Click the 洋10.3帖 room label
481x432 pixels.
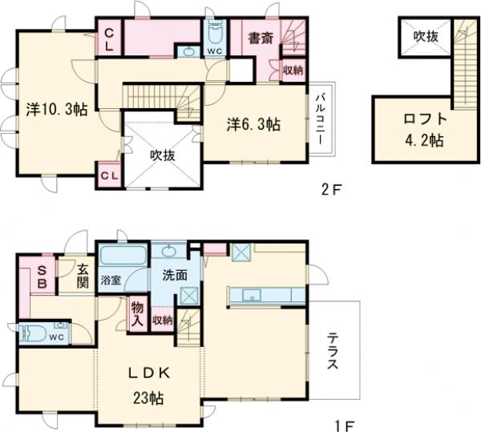point(57,110)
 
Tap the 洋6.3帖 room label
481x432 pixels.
point(253,124)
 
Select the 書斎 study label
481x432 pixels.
point(261,39)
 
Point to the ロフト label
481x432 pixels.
point(425,119)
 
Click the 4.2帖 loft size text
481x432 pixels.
point(425,140)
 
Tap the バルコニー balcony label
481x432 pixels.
point(321,119)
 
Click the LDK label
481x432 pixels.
point(148,373)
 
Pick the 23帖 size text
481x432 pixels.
point(148,398)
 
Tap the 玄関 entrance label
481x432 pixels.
point(83,276)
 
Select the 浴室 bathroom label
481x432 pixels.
point(111,281)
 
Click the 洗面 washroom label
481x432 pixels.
point(175,276)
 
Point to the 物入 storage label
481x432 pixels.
point(137,314)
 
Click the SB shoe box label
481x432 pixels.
point(42,277)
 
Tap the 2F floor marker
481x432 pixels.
point(331,190)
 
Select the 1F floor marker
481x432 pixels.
point(344,426)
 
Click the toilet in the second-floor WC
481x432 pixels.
point(215,33)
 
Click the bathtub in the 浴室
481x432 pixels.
point(123,255)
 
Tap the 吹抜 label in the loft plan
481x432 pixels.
point(426,37)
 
